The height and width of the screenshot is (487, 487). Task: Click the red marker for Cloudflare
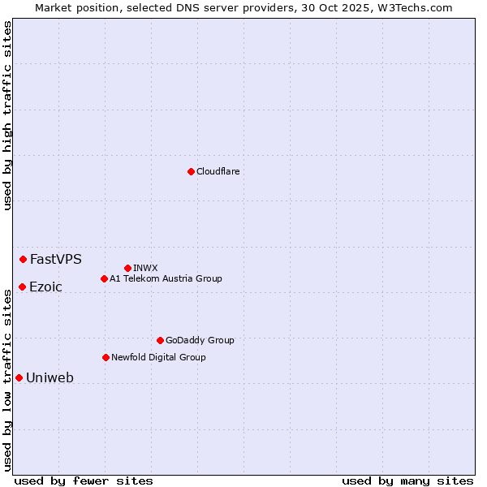point(191,171)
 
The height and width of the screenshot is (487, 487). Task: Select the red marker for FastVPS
point(23,259)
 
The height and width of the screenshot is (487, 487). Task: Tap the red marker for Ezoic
point(22,287)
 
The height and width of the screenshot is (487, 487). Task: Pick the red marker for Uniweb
point(19,377)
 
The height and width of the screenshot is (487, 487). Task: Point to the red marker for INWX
point(127,268)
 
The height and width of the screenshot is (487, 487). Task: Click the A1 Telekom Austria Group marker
point(104,278)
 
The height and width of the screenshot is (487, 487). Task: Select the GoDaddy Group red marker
point(160,340)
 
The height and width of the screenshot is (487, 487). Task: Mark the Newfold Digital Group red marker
point(106,357)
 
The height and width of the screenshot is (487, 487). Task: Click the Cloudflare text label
point(218,171)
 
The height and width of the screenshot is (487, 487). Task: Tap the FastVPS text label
point(56,260)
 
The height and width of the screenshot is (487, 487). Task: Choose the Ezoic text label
point(45,287)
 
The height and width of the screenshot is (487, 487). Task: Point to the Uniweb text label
point(50,378)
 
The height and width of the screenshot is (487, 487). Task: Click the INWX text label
point(145,268)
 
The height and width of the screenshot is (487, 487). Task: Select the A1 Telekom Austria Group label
point(166,278)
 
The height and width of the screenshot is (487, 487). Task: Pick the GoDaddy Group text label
point(200,340)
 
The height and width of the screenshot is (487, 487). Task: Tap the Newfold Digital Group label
point(158,357)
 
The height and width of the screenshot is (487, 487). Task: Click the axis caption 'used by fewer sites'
point(84,481)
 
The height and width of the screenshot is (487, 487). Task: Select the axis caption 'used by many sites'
point(407,481)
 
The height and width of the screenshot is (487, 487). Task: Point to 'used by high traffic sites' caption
point(7,114)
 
